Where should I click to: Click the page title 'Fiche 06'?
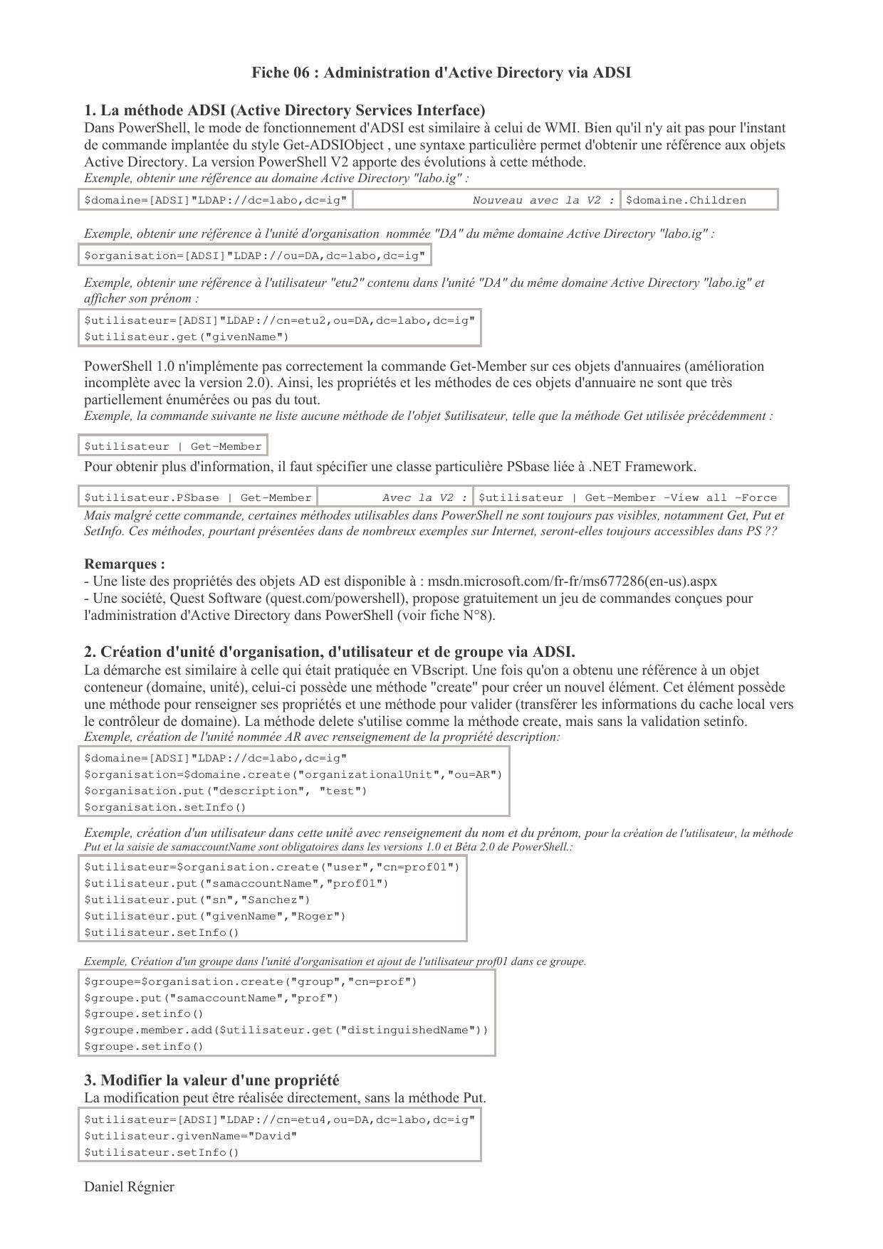[x=441, y=73]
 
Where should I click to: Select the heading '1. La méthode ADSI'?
[x=285, y=110]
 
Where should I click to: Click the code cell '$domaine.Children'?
[x=686, y=200]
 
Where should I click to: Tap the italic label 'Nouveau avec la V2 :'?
[x=543, y=200]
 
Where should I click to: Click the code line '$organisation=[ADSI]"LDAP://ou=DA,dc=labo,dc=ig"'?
[x=254, y=255]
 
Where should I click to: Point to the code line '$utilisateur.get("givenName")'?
[x=187, y=337]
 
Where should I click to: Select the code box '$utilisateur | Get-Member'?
[x=173, y=446]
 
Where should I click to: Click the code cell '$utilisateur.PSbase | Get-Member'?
[x=198, y=497]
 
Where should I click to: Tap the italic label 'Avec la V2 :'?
[x=424, y=497]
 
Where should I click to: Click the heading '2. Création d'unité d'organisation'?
[x=329, y=652]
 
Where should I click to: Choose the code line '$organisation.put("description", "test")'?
[x=226, y=791]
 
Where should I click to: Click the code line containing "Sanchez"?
[x=197, y=900]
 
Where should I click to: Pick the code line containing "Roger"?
[x=215, y=916]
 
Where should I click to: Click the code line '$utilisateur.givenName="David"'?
[x=191, y=1136]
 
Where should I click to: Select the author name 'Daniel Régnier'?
[x=129, y=1186]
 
